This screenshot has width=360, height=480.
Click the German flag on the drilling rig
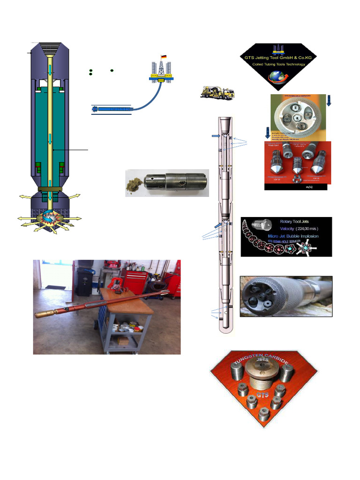[x=164, y=57]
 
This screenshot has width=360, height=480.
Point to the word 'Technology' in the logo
[x=293, y=64]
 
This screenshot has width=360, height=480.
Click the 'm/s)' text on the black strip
[x=309, y=187]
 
